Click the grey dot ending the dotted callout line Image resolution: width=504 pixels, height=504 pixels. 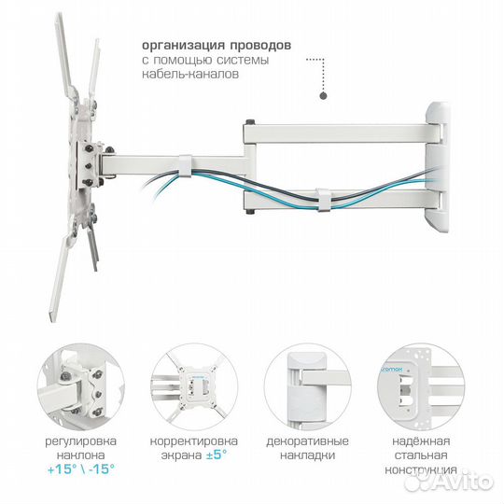(x=322, y=95)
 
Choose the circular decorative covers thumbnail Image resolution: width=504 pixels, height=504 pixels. (x=308, y=384)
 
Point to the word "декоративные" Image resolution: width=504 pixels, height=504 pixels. (x=308, y=441)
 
